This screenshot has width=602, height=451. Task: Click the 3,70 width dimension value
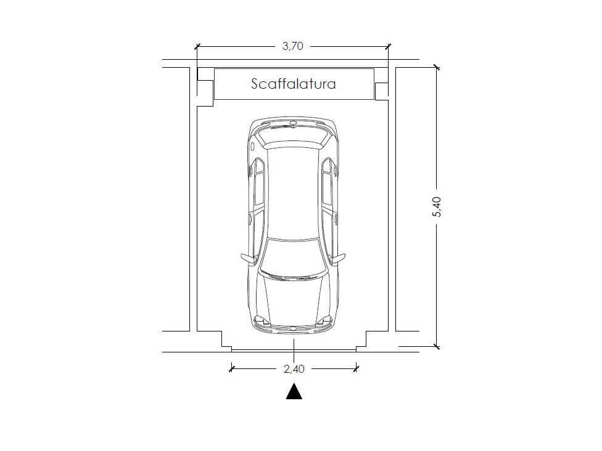click(293, 46)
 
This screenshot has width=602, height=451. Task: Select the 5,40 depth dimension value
click(437, 207)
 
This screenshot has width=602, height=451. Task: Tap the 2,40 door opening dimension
click(294, 369)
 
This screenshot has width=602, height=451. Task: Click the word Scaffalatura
click(294, 84)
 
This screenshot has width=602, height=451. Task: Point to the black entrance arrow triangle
click(294, 391)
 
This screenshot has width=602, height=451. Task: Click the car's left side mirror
click(247, 258)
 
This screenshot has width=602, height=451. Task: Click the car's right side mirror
click(338, 258)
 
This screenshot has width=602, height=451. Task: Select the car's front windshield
click(294, 256)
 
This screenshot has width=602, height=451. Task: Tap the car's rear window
click(294, 138)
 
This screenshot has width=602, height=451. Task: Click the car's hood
click(294, 301)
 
